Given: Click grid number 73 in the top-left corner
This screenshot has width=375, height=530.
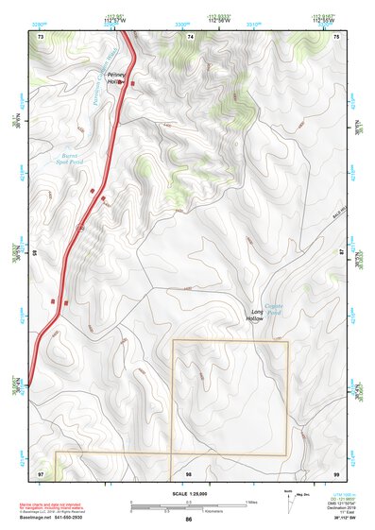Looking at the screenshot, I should (41, 36).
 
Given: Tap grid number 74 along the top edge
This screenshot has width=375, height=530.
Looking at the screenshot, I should (191, 36).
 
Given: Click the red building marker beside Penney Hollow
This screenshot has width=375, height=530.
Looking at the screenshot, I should (131, 83).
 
